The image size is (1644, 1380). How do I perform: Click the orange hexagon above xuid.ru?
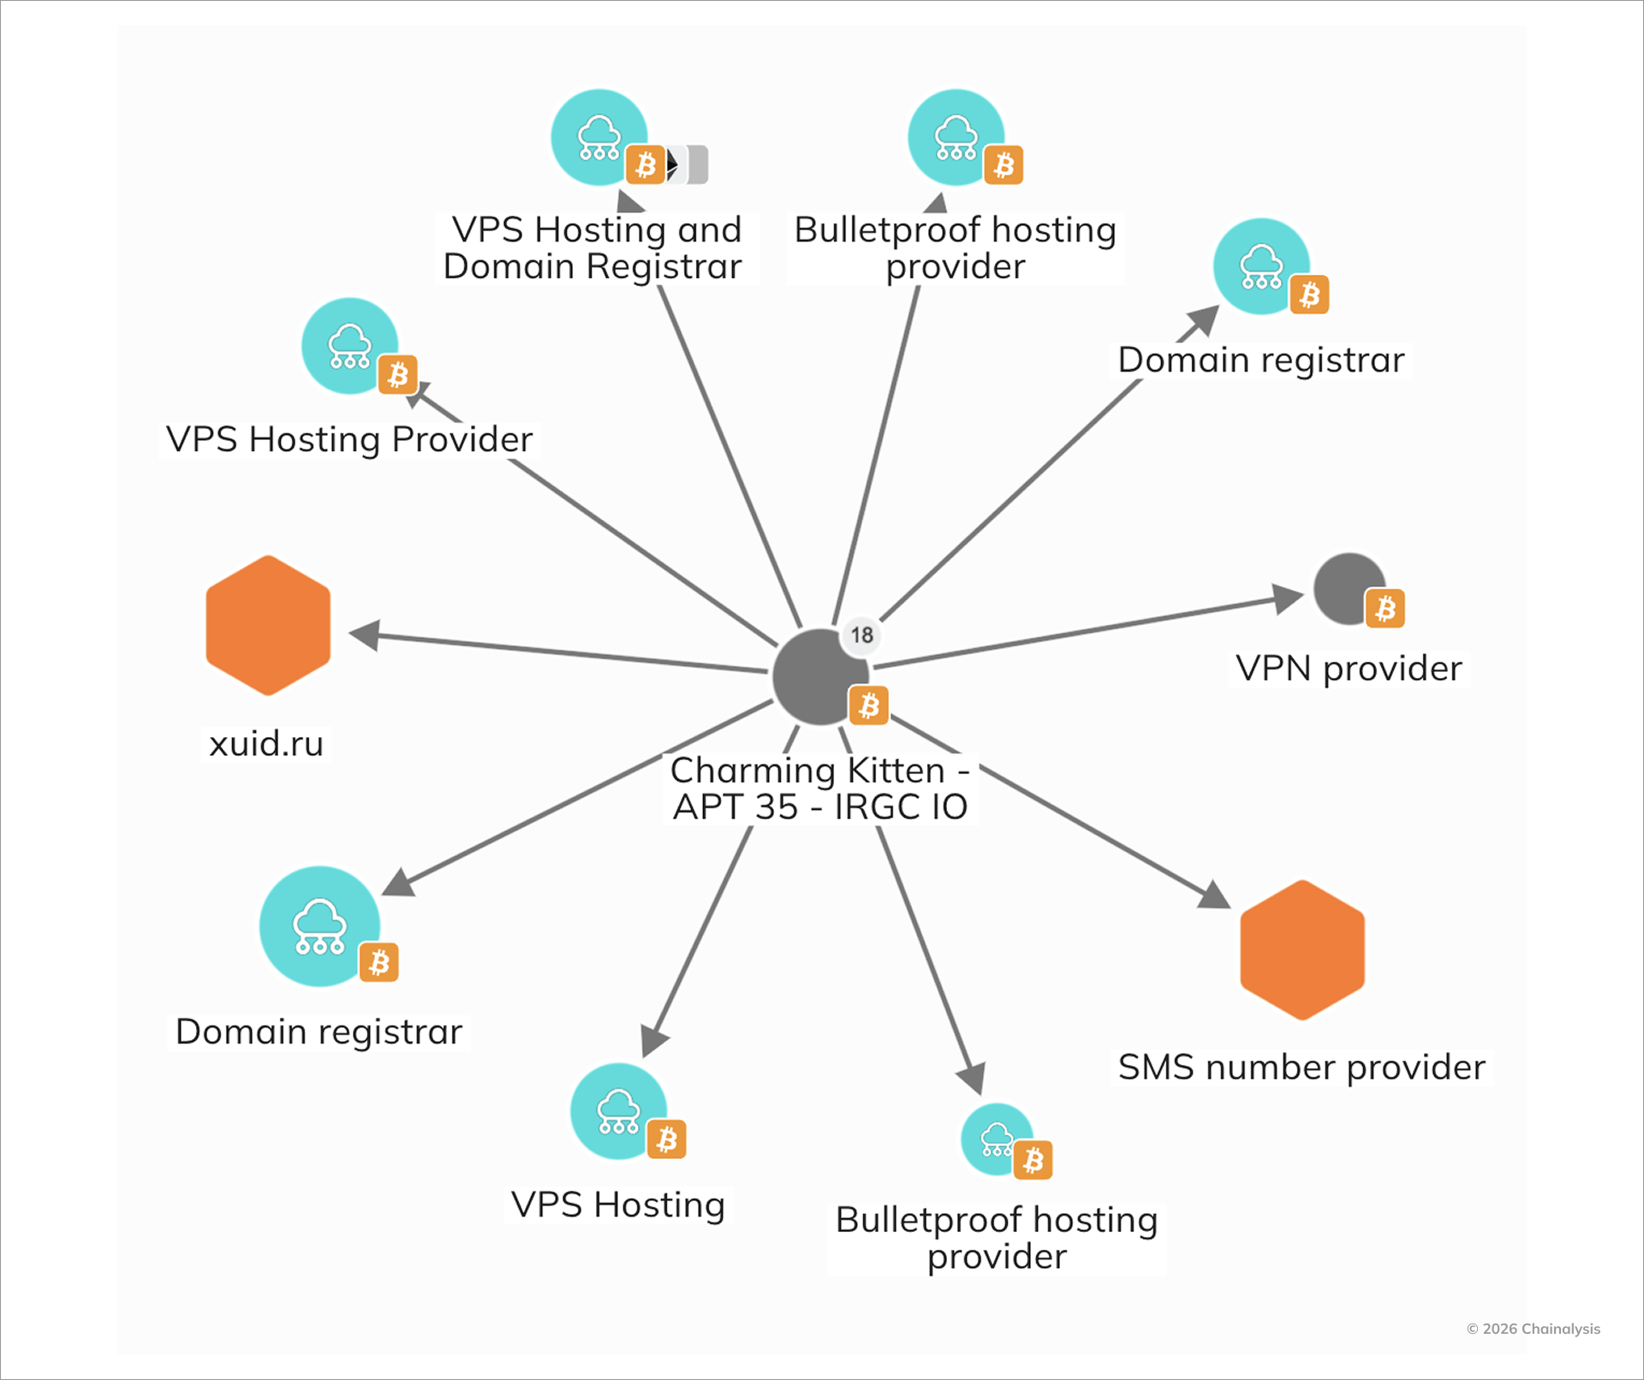point(268,625)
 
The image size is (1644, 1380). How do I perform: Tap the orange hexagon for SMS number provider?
point(1301,949)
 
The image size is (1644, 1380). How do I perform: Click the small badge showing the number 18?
point(861,635)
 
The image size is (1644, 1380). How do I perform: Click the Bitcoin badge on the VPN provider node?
point(1385,609)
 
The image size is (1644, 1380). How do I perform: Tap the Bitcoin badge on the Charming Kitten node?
point(868,705)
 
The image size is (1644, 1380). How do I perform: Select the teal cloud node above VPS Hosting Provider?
point(348,345)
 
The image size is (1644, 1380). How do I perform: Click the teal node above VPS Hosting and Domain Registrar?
point(599,137)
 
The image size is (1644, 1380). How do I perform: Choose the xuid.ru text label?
point(266,743)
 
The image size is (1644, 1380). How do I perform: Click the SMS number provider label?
point(1301,1068)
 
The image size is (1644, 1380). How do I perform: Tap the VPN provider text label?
point(1349,669)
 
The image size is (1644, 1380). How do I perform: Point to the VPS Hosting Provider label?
point(349,439)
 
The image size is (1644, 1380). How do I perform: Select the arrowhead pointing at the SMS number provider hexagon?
point(1214,895)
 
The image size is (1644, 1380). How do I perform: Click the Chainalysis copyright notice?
point(1533,1329)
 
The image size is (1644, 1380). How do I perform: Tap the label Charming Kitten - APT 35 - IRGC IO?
point(819,788)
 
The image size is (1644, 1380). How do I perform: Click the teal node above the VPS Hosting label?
point(618,1110)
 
